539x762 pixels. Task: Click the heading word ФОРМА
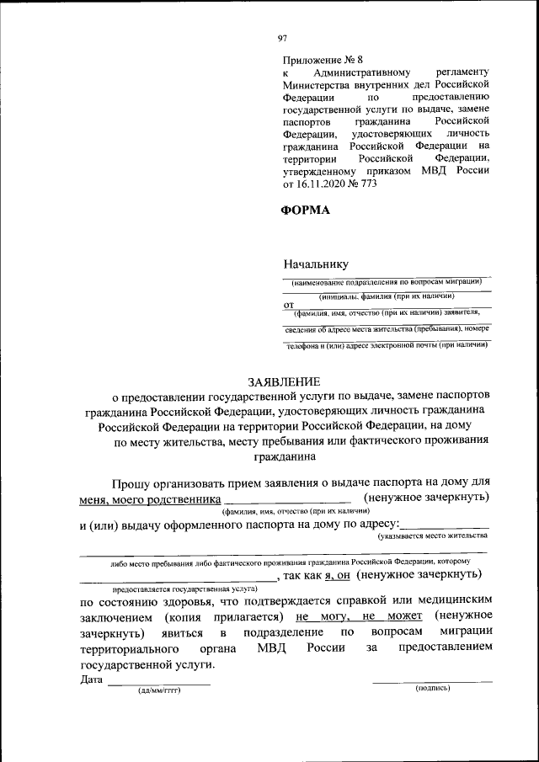point(306,210)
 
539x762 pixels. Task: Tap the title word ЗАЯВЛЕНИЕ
point(279,382)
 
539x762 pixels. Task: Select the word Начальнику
point(316,264)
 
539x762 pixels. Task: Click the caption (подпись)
point(433,689)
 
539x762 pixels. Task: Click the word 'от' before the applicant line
point(288,304)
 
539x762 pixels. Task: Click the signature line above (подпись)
point(433,680)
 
